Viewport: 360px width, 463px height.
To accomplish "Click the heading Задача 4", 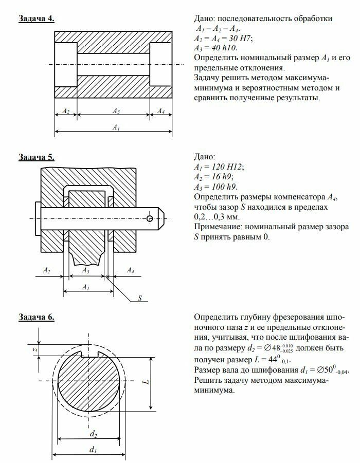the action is [37, 18].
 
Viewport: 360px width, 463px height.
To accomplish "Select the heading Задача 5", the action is [37, 157].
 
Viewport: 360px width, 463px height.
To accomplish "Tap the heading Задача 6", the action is [37, 317].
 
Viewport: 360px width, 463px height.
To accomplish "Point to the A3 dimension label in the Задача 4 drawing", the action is [116, 111].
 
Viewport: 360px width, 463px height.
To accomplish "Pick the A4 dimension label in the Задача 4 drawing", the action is [161, 111].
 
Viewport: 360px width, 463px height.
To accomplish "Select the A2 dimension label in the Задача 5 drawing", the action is [46, 270].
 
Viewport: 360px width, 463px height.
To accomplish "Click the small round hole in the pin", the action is [149, 218].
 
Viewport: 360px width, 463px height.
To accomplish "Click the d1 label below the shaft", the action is [93, 451].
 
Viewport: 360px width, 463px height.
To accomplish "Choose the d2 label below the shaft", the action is [93, 434].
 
